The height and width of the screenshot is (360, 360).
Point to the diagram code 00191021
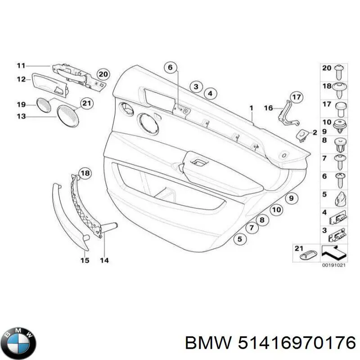pos(333,265)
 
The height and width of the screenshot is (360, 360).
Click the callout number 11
pos(21,66)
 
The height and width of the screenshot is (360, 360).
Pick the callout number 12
pos(21,79)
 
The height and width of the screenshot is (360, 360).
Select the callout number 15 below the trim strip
pos(85,260)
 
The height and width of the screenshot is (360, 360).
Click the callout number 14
pos(104,260)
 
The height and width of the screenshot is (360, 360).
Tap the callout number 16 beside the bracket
pos(268,108)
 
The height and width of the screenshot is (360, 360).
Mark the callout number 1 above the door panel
pos(252,108)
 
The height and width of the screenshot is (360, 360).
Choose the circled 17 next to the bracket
pos(295,97)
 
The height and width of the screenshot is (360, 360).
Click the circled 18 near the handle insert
pos(85,173)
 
